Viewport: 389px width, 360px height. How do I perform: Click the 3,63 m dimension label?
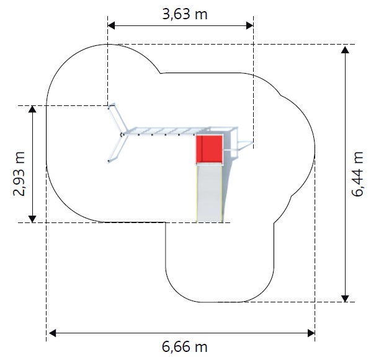(185, 14)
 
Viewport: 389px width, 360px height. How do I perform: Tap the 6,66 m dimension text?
(185, 346)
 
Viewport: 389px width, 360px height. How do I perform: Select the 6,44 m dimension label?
(357, 174)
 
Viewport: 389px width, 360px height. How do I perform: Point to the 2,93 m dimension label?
(19, 173)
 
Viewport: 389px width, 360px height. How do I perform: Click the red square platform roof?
(210, 149)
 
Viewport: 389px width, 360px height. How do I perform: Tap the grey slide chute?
(210, 193)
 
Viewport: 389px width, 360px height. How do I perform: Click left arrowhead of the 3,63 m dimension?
(112, 25)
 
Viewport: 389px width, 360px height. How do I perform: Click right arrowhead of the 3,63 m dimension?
(249, 25)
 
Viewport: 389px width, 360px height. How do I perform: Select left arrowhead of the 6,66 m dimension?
(52, 333)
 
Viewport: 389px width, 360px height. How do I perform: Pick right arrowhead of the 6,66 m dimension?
(311, 333)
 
